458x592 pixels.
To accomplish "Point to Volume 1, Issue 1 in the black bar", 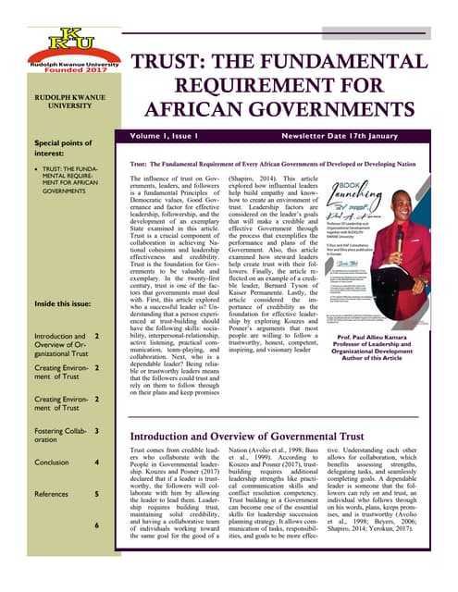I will click(184, 136).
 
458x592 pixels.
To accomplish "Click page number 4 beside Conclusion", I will click(96, 462).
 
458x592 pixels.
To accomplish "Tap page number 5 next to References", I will click(96, 494).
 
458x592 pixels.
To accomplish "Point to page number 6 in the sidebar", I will click(96, 525).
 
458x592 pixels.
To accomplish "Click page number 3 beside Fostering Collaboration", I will click(96, 430).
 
